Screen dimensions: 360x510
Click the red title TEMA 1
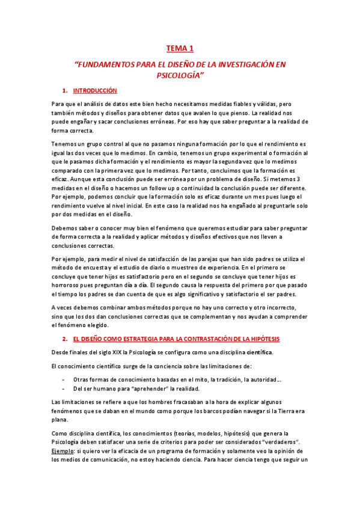point(180,49)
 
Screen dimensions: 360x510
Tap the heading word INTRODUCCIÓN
point(95,91)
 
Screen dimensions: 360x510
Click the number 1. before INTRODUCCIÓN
point(64,91)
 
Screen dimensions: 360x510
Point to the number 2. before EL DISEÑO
point(64,339)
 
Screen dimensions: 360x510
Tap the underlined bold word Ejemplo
point(63,450)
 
